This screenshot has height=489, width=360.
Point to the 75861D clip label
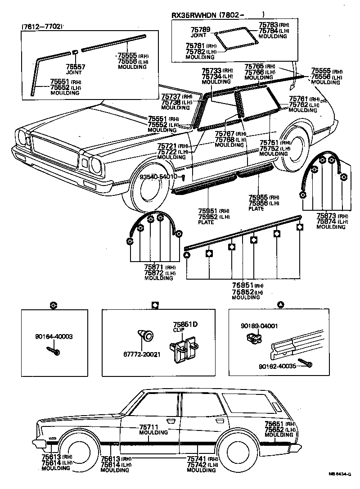[182, 324]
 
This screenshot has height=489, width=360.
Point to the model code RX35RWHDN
[193, 16]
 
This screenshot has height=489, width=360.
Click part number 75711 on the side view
[148, 427]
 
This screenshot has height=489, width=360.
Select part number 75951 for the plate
[208, 211]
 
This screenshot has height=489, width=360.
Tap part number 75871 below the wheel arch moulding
[154, 267]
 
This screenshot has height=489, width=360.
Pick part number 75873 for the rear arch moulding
[327, 216]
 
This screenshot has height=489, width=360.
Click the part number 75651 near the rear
[274, 424]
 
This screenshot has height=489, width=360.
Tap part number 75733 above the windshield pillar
[211, 71]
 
